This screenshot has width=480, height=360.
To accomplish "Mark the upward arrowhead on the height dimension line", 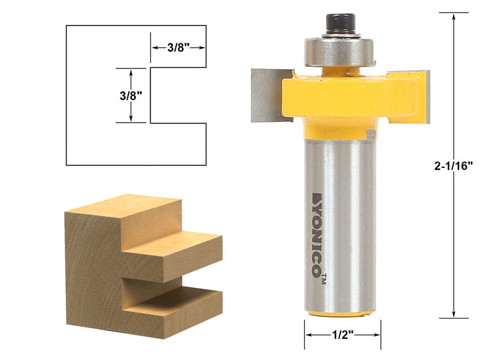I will (454, 17).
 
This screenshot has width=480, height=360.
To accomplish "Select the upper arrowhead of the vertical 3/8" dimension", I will (131, 72).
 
